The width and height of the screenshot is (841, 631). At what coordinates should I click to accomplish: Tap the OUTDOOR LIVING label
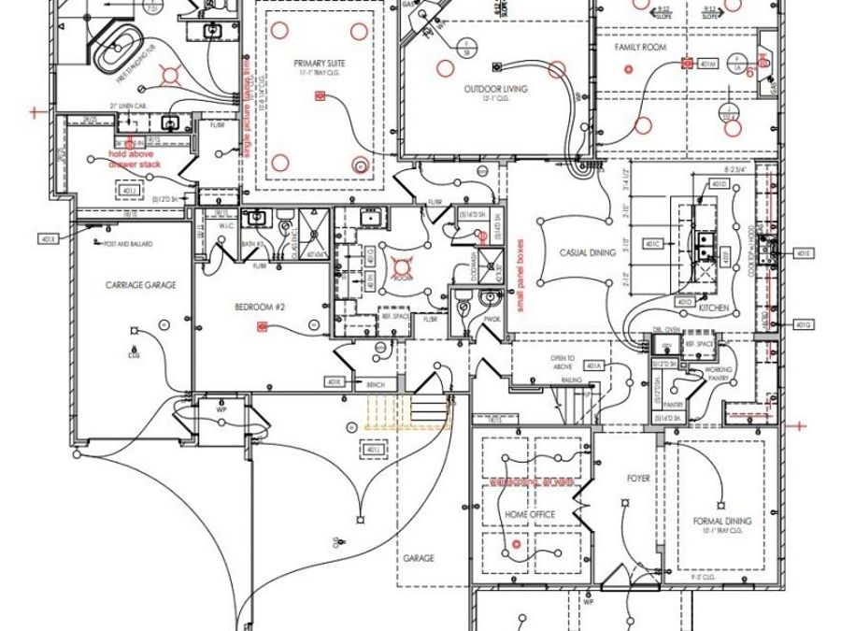coord(496,89)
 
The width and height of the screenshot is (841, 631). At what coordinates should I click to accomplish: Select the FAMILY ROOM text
coord(638,46)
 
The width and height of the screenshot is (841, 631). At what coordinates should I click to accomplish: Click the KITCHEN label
coord(714,308)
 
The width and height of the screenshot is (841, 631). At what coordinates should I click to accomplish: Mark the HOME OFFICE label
coord(530,514)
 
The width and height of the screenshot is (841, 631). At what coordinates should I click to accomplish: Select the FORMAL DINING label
coord(722,521)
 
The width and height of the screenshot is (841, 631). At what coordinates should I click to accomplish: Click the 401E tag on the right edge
coord(803,253)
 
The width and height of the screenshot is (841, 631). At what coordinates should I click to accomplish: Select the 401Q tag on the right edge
coord(803,324)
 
